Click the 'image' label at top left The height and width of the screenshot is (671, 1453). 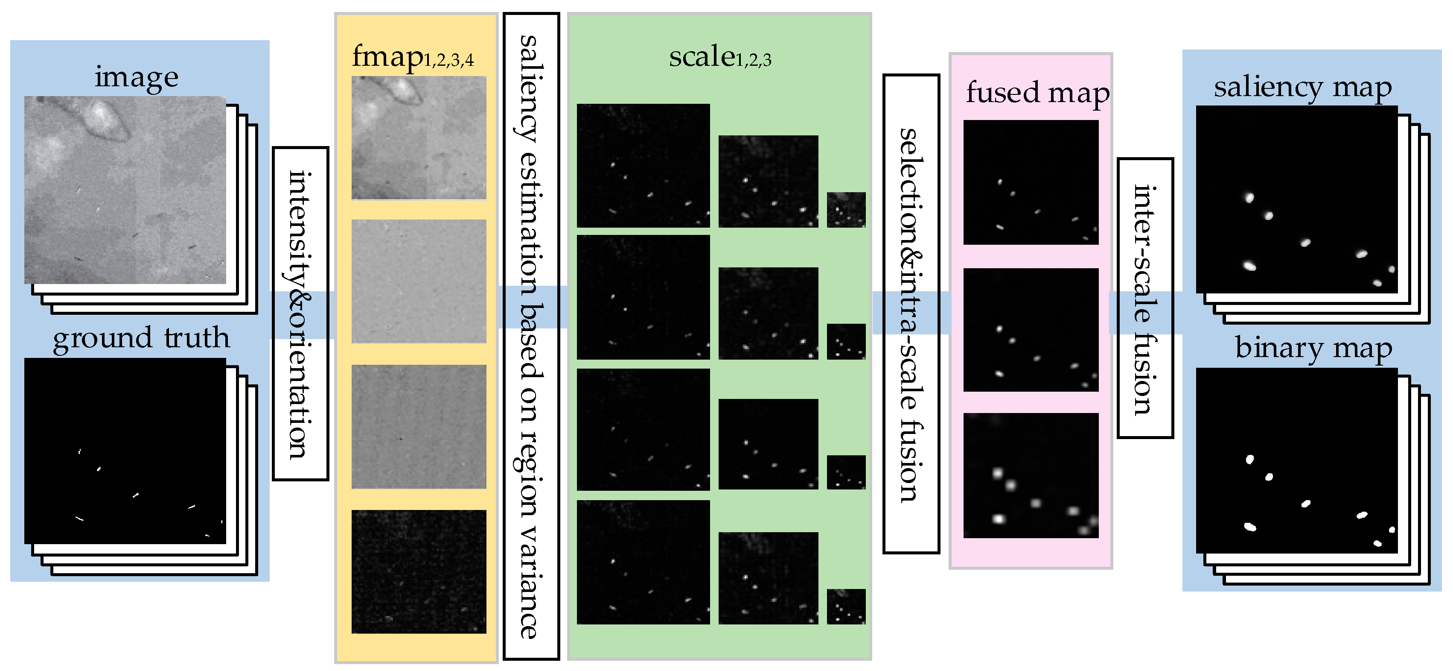tap(136, 77)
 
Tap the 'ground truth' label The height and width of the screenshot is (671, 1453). tap(141, 338)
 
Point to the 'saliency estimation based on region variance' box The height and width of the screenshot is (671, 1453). tap(531, 336)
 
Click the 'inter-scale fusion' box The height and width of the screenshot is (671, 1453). tap(1144, 298)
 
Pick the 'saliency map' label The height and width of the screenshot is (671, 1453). tap(1302, 88)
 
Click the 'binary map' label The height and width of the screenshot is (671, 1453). tap(1313, 348)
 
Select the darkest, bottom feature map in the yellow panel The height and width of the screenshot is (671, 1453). tap(419, 571)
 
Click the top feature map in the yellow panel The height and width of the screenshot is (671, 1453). tap(419, 138)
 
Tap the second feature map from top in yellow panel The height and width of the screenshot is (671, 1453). tap(419, 281)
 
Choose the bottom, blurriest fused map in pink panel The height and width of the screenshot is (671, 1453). tap(1031, 475)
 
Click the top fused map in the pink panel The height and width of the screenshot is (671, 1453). tap(1031, 182)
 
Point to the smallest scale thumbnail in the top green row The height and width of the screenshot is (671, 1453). tap(845, 210)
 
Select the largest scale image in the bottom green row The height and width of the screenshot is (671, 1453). tap(643, 562)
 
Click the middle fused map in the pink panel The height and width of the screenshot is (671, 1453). tap(1031, 330)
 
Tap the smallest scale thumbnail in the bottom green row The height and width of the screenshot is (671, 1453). tap(845, 606)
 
